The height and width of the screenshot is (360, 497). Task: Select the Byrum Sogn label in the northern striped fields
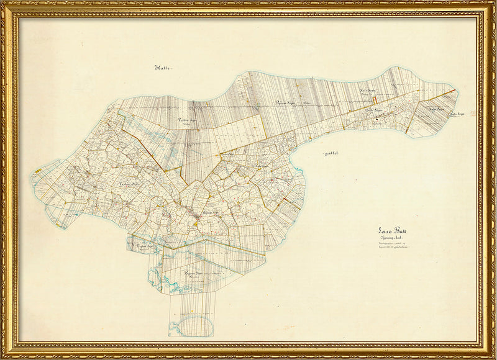point(286,103)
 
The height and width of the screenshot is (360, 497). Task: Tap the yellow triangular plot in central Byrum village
point(196,222)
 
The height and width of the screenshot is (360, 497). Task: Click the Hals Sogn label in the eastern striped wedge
point(436,109)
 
